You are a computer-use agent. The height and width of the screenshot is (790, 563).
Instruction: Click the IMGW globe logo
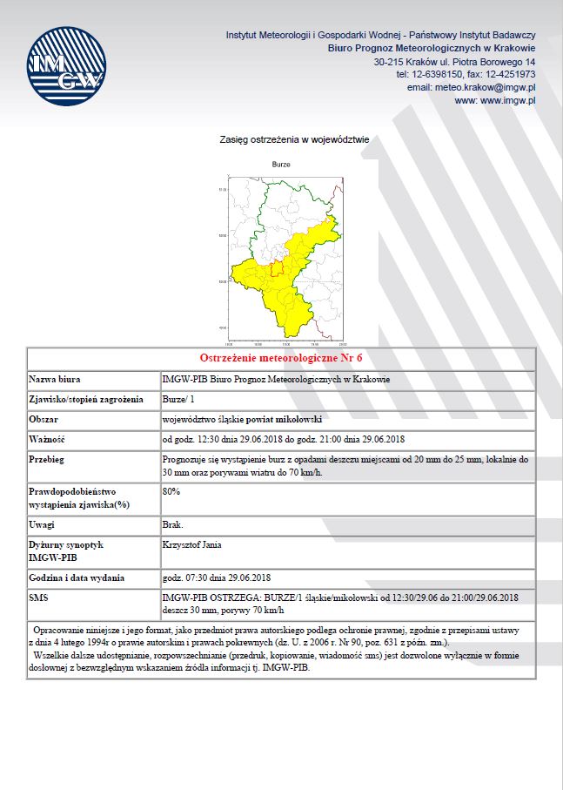point(66,68)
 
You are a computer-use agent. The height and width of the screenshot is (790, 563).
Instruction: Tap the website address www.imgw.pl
point(495,101)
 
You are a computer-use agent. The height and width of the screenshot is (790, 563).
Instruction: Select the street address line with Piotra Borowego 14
point(454,63)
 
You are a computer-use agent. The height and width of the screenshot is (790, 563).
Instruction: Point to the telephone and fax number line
point(466,75)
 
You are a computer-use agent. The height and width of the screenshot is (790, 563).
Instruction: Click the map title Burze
point(281,164)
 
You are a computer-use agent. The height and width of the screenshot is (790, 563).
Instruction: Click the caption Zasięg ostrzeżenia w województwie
point(295,139)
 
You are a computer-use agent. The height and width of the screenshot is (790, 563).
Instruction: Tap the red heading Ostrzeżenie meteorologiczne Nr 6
point(281,358)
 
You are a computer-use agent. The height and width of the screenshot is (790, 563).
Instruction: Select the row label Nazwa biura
point(55,379)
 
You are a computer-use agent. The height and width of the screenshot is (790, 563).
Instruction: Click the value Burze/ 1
point(178,399)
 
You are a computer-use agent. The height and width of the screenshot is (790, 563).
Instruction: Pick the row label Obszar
point(44,419)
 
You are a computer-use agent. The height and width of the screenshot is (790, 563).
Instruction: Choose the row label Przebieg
point(47,458)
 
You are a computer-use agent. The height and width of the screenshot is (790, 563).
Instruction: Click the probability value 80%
point(171,491)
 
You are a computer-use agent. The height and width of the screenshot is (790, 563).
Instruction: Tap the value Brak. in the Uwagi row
point(172,525)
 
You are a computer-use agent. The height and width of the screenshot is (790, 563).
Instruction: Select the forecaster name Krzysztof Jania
point(191,545)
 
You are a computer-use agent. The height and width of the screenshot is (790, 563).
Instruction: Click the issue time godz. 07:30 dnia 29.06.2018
point(217,577)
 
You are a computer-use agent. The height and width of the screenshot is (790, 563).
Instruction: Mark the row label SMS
point(39,597)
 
